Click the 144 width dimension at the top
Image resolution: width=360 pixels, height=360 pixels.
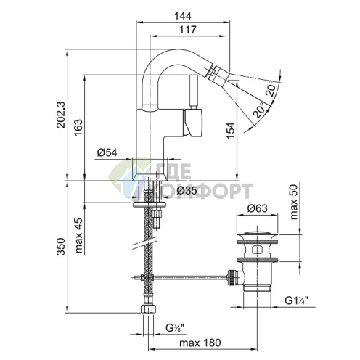[x=183, y=16]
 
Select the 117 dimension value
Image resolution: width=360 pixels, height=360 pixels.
[x=188, y=30]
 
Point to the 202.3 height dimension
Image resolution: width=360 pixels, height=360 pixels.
[x=61, y=115]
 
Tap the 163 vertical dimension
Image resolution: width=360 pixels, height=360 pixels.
[x=79, y=127]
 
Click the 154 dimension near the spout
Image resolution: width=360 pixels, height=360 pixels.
[x=231, y=131]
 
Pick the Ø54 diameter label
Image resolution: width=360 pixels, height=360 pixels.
[x=107, y=152]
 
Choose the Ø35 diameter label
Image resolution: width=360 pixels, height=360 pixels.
[x=187, y=191]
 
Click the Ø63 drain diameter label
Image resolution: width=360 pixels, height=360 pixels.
[x=257, y=208]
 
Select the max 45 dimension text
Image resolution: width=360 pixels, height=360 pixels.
[x=79, y=235]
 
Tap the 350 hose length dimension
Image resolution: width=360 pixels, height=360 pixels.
[x=61, y=247]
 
